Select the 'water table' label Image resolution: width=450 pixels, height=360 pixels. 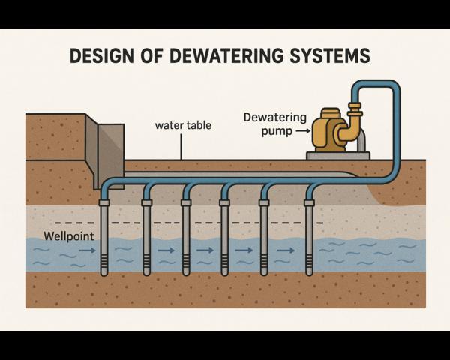pyautogui.click(x=183, y=125)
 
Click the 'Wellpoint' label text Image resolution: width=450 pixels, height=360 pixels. pyautogui.click(x=67, y=236)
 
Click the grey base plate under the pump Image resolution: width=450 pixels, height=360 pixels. pyautogui.click(x=337, y=156)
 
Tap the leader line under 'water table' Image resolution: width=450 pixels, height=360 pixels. pyautogui.click(x=181, y=147)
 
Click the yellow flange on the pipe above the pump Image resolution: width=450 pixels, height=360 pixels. pyautogui.click(x=354, y=105)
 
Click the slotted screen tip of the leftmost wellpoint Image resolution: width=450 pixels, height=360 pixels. pyautogui.click(x=104, y=263)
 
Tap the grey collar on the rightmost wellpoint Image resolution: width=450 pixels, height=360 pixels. pyautogui.click(x=309, y=203)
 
